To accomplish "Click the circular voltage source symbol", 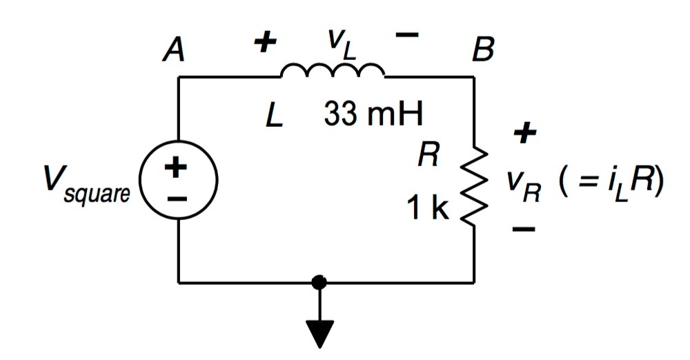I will point(179,181).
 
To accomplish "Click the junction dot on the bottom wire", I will point(319,282).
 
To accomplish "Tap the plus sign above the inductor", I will point(264,43).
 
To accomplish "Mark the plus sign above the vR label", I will point(524,134).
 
